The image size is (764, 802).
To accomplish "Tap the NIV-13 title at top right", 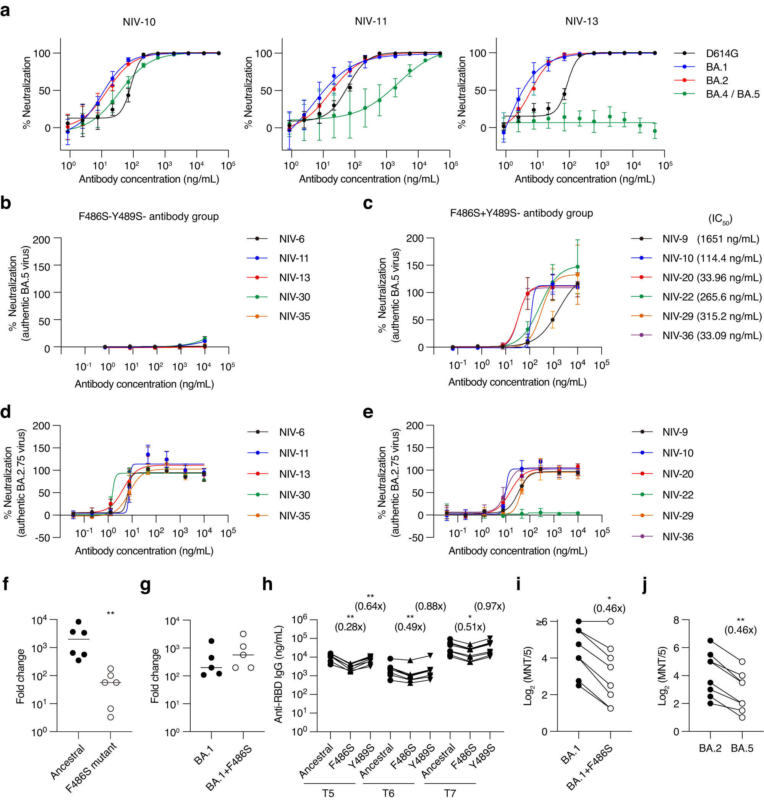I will click(x=581, y=21).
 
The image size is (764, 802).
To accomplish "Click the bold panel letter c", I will click(x=367, y=203).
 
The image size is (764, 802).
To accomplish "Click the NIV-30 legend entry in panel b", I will click(x=295, y=297).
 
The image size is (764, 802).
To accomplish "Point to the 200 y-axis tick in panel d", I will click(x=41, y=426).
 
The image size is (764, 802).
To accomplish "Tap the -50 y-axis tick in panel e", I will click(x=414, y=538).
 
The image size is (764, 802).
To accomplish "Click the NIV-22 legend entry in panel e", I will click(x=678, y=495).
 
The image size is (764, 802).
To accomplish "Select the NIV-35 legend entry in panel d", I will click(x=295, y=516).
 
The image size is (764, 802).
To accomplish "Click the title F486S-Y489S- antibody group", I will click(x=149, y=216).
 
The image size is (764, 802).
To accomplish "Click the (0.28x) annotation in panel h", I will click(x=350, y=627).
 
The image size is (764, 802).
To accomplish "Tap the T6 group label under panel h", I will click(x=388, y=794).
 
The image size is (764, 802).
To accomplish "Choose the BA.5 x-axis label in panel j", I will click(x=741, y=748).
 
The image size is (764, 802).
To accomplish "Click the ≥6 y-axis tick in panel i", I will click(x=542, y=622).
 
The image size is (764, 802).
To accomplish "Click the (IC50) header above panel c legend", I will click(x=720, y=220).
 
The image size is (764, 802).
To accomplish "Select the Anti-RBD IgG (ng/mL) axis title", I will click(x=278, y=674).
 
